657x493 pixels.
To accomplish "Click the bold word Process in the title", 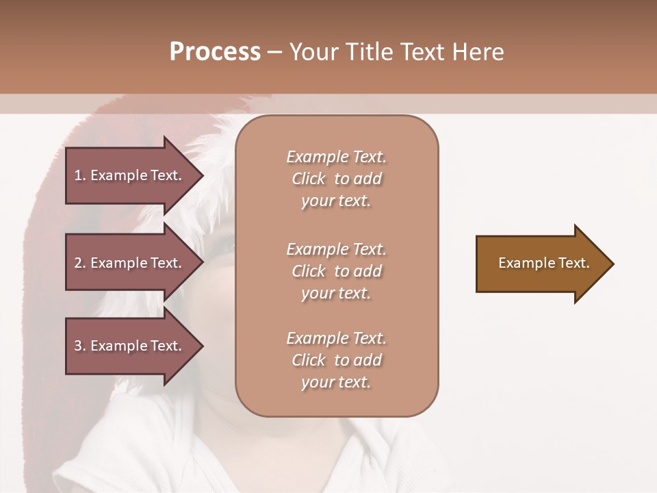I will coord(215,52).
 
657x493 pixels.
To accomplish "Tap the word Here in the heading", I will coord(478,52).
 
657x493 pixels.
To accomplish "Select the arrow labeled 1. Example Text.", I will coord(130,175).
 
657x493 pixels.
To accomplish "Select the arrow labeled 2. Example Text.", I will coord(130,263).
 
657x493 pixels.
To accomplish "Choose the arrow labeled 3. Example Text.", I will coord(130,346).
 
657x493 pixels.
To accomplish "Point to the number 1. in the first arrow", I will coord(80,175).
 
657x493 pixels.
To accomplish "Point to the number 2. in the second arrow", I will coord(80,263).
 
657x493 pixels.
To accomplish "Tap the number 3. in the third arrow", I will coord(80,346).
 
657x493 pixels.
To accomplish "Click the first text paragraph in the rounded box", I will coord(336,179).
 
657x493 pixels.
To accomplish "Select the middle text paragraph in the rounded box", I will coord(336,271).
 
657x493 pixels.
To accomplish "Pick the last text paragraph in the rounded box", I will coord(336,360).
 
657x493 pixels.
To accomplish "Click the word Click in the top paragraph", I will coord(309,179).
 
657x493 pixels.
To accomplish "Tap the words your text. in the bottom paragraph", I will coord(336,382).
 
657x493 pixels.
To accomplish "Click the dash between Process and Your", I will coord(274,52).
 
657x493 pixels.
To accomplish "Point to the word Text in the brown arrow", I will coord(574,263).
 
